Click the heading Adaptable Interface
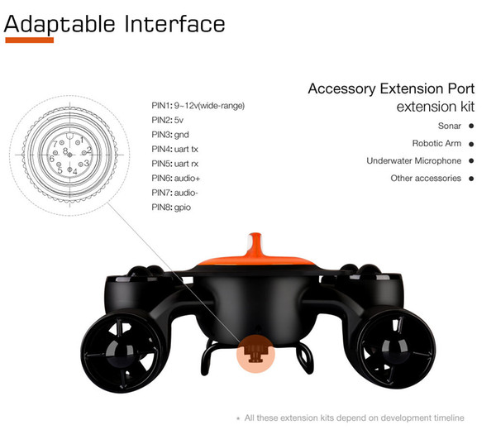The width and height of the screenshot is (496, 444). (x=114, y=25)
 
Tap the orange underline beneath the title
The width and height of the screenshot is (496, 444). (x=30, y=41)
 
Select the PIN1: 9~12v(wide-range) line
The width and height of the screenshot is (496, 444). (x=198, y=106)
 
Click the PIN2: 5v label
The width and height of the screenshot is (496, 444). (x=167, y=120)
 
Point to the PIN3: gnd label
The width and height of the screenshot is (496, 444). (x=170, y=135)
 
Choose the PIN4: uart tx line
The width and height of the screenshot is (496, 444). (x=174, y=149)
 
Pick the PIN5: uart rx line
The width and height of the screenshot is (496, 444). (x=175, y=164)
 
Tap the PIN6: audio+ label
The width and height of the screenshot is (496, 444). (x=176, y=178)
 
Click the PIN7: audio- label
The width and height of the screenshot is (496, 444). (x=174, y=193)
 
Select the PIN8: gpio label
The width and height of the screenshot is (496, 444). (x=171, y=208)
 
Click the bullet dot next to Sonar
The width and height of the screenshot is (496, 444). (x=471, y=126)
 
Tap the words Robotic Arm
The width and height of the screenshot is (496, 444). (x=436, y=143)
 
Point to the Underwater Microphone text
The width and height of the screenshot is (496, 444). (x=414, y=160)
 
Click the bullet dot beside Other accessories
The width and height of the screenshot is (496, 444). (x=471, y=179)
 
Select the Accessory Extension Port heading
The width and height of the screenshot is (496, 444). (x=391, y=89)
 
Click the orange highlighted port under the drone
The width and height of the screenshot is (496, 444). (x=255, y=354)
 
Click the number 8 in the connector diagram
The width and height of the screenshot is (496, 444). (x=64, y=151)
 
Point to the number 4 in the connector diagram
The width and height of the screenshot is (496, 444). (x=74, y=172)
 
